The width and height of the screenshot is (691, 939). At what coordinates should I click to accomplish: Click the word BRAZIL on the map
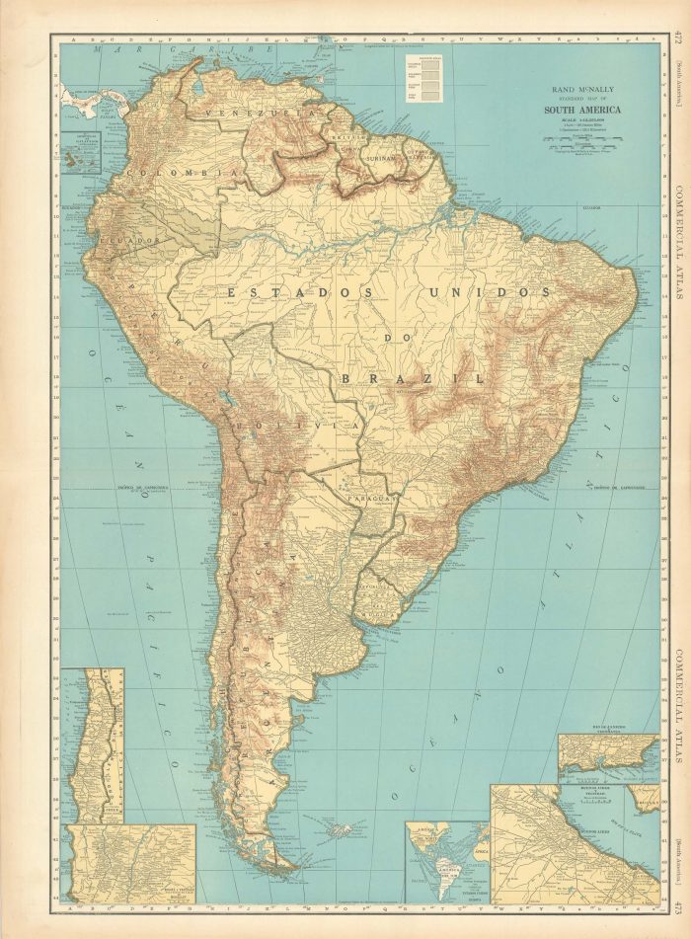[x=411, y=378]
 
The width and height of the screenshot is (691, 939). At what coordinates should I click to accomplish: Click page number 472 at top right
[x=679, y=39]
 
